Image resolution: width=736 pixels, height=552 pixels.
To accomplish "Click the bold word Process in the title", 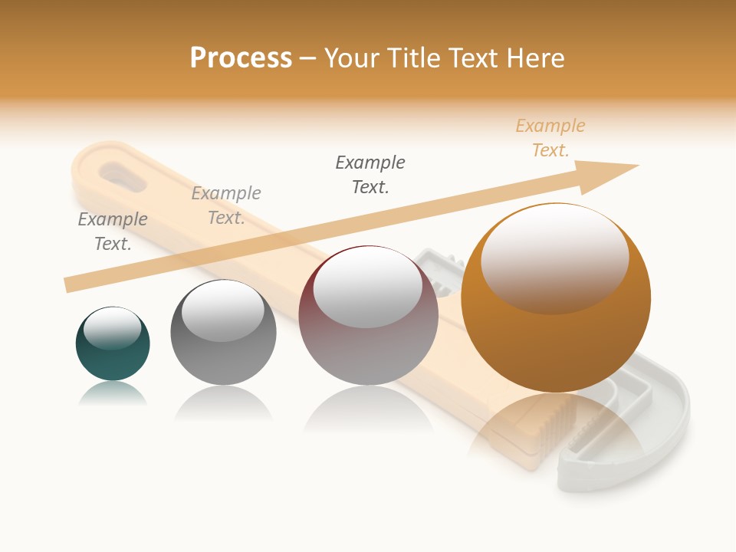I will tap(241, 58).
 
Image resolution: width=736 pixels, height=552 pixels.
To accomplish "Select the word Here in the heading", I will tap(535, 58).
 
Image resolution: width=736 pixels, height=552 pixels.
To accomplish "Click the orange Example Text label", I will tap(550, 138).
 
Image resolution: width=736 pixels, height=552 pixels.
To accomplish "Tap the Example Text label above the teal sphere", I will tap(113, 232).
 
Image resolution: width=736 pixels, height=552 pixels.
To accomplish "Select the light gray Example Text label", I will tap(226, 205).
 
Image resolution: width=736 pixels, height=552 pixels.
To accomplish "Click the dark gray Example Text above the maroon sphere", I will tap(370, 174).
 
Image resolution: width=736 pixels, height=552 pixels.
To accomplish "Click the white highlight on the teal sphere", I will tap(112, 328).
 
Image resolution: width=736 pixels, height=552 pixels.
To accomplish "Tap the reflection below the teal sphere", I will tap(113, 394).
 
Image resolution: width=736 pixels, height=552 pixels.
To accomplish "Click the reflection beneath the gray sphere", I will tap(223, 403).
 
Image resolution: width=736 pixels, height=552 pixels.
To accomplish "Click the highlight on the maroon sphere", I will tap(367, 287).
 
